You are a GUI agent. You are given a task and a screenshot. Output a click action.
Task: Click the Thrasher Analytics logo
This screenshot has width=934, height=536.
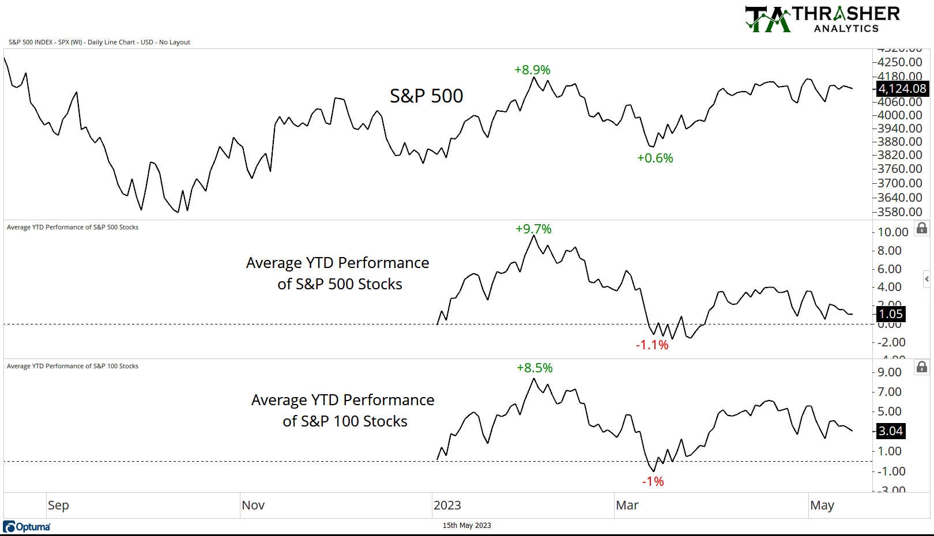point(822,19)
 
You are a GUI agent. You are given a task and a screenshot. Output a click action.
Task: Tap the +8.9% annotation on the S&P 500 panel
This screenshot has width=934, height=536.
point(532,70)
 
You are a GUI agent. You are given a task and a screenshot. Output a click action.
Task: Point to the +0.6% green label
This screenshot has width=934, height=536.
point(655,158)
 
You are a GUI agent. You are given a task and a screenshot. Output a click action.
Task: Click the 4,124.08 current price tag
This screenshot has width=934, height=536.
point(902,89)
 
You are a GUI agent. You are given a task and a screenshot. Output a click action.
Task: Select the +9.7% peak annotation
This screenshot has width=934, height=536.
point(533,229)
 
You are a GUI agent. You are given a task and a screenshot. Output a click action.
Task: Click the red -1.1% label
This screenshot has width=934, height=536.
point(652,345)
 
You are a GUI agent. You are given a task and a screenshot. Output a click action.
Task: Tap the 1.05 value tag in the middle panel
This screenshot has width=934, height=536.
point(890,314)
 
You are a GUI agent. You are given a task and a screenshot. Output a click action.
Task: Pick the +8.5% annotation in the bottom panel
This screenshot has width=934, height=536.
point(534,368)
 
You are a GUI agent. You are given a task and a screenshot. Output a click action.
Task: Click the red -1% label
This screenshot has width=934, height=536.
point(653,481)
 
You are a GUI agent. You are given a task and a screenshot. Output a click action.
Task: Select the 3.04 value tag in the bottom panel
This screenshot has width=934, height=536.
point(890,431)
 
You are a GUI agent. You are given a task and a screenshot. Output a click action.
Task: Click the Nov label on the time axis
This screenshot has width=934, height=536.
point(253,505)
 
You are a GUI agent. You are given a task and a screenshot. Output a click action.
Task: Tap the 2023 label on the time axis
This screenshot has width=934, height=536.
point(447,505)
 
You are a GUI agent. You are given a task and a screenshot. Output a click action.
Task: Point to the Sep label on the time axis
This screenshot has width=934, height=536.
point(58,505)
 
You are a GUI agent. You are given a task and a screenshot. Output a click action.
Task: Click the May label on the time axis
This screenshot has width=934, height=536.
point(822,505)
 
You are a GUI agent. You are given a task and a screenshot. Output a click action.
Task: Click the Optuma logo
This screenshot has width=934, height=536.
point(27,527)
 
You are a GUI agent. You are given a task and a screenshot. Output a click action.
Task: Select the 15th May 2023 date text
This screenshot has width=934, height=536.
point(466,525)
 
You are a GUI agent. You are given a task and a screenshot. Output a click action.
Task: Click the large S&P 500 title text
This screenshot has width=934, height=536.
point(426,96)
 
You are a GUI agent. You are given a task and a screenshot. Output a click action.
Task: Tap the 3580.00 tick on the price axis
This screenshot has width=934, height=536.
point(899,212)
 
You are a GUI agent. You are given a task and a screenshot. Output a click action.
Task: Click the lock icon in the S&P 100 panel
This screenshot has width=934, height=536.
point(922,367)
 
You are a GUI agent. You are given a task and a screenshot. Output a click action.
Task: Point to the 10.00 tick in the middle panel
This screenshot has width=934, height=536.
point(892,232)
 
